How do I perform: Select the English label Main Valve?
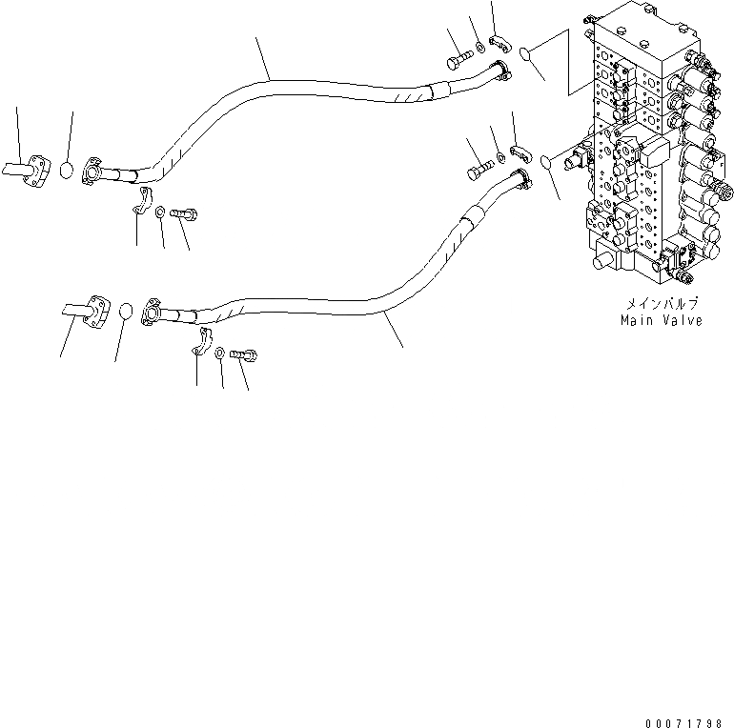coord(661,321)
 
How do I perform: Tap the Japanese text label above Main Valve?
coord(662,304)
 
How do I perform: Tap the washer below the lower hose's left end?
coord(220,353)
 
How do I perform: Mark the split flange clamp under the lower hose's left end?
coord(200,340)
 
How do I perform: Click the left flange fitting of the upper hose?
coord(95,171)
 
